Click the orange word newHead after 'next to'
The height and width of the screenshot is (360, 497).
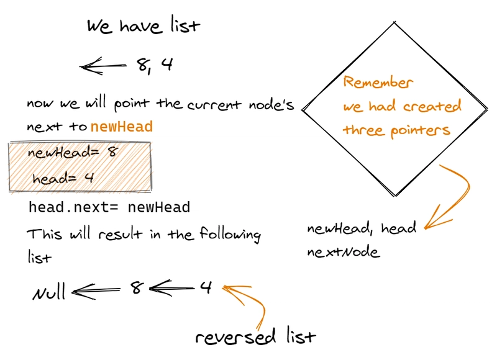(x=122, y=127)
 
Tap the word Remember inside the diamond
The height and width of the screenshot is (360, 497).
(x=378, y=83)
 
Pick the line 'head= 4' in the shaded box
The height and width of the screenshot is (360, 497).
(x=63, y=178)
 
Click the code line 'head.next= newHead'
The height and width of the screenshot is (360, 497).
(x=109, y=207)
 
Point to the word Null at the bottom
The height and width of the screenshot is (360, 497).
(x=49, y=292)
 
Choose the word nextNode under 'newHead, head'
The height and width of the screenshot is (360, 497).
(x=343, y=253)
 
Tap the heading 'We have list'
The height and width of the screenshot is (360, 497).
(x=144, y=27)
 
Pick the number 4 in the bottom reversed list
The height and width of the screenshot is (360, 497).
(x=206, y=287)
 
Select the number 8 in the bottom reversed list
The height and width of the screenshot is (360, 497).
(x=137, y=288)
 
